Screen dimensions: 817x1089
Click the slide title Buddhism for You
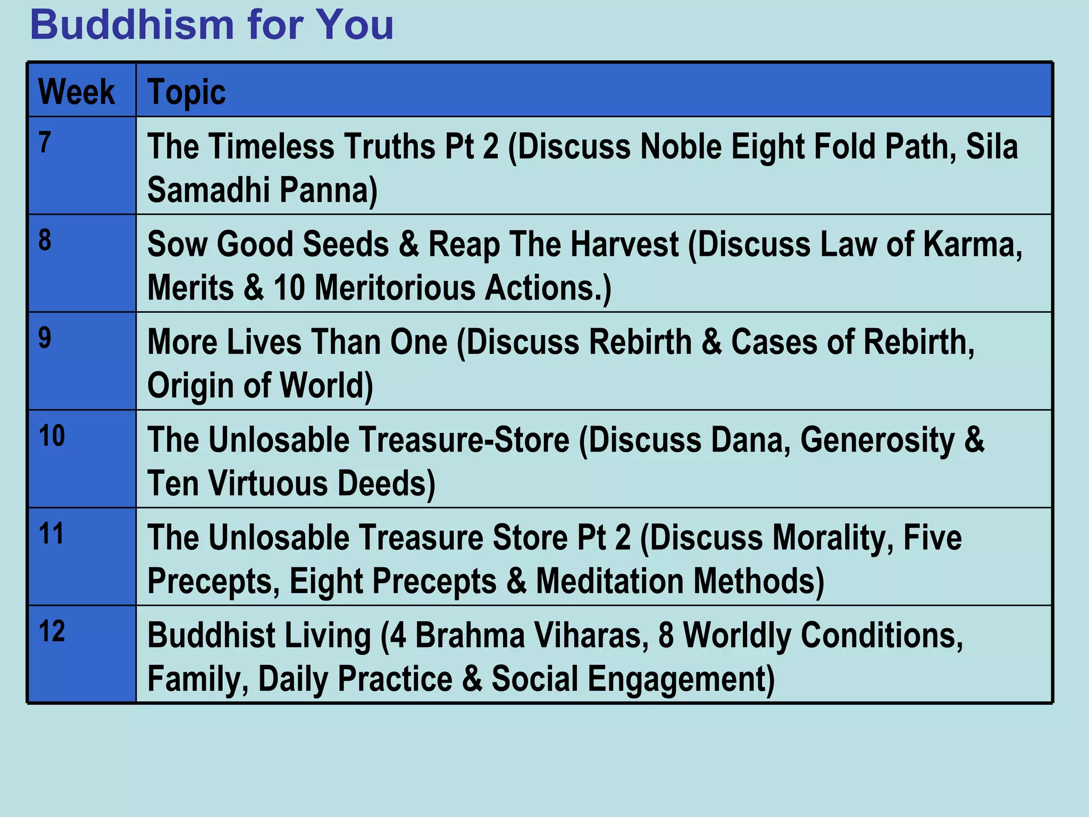coord(212,25)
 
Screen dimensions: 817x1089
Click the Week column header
coord(77,92)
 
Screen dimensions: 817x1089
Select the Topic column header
coord(186,92)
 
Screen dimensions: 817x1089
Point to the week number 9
coord(45,338)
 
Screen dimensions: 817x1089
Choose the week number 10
coord(52,436)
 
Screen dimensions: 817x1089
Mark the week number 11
coord(52,534)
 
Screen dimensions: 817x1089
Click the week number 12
coord(52,632)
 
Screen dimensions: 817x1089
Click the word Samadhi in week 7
coord(208,190)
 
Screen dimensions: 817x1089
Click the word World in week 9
coord(325,386)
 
